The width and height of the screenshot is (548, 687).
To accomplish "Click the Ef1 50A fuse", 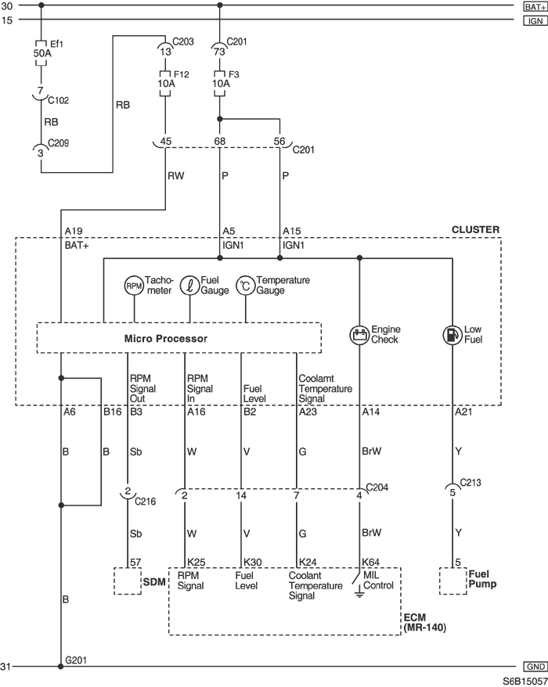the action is coord(41,53).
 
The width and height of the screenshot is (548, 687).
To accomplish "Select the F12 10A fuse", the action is coord(165,84).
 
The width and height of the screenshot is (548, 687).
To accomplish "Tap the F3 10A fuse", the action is coord(220,84).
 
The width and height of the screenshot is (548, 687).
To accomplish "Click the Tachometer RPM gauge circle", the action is coord(134,286).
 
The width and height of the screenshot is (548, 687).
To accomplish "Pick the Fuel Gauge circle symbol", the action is coord(189,286).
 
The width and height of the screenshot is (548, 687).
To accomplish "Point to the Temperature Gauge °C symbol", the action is coord(246,286).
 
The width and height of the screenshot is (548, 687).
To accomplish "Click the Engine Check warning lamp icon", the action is coord(359,335).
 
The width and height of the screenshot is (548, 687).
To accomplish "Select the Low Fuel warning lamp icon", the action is coord(452,335).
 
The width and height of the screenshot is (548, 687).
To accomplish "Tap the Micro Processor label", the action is coord(166,338).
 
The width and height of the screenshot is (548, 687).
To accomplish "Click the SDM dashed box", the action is coord(128,581).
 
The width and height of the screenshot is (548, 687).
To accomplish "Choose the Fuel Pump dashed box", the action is coord(452,581).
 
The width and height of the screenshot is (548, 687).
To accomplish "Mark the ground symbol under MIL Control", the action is coord(359,595).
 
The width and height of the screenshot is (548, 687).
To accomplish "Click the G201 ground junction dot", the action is coord(61,667).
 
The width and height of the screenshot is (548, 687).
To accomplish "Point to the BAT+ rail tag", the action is coord(535,6).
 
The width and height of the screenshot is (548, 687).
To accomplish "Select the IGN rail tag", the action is coord(535,20).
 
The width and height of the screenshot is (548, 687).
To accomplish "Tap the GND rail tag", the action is coord(535,667).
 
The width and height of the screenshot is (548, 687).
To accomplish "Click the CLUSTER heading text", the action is coord(476,229).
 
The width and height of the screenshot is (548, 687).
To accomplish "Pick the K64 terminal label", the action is coord(371,562).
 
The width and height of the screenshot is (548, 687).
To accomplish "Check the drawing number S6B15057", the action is coord(525,682).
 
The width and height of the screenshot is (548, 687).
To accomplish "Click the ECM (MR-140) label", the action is coord(425,623).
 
